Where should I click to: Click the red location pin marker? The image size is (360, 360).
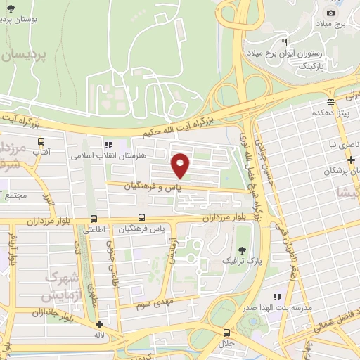[181, 165]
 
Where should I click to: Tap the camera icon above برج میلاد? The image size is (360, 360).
[331, 13]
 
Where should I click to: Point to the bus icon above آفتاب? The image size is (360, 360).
[41, 141]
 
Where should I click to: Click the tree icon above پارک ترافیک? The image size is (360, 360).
[243, 250]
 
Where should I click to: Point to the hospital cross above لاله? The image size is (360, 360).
[100, 325]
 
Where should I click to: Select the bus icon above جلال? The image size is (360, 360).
[227, 332]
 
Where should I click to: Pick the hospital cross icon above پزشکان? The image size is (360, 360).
[349, 160]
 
